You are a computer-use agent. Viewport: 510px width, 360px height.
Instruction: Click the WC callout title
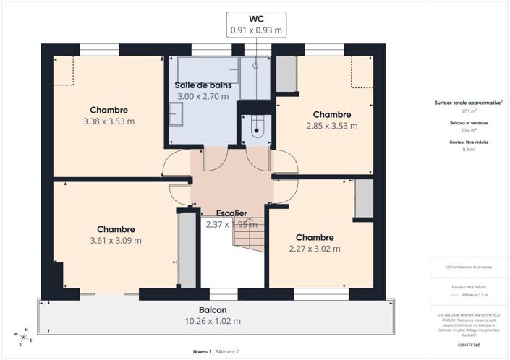[x=256, y=19]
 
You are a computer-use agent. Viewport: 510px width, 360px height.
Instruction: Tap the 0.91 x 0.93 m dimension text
[x=256, y=30]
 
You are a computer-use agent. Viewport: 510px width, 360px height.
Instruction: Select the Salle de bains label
[x=203, y=85]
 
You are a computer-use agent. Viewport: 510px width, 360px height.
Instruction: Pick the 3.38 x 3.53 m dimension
[x=109, y=121]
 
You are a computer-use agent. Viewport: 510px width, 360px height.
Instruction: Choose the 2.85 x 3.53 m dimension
[x=331, y=125]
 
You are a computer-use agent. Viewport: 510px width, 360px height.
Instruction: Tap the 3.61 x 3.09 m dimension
[x=116, y=240]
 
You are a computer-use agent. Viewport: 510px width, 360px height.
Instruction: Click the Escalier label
[x=231, y=213]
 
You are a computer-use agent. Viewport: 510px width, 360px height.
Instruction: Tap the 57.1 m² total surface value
[x=469, y=112]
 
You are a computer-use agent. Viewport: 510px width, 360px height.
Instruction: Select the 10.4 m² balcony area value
[x=469, y=131]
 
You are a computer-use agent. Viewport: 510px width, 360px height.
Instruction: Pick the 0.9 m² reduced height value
[x=469, y=150]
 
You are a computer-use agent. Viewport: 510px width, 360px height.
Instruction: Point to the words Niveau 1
[x=201, y=351]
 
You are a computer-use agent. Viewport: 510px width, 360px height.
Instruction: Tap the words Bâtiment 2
[x=228, y=351]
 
